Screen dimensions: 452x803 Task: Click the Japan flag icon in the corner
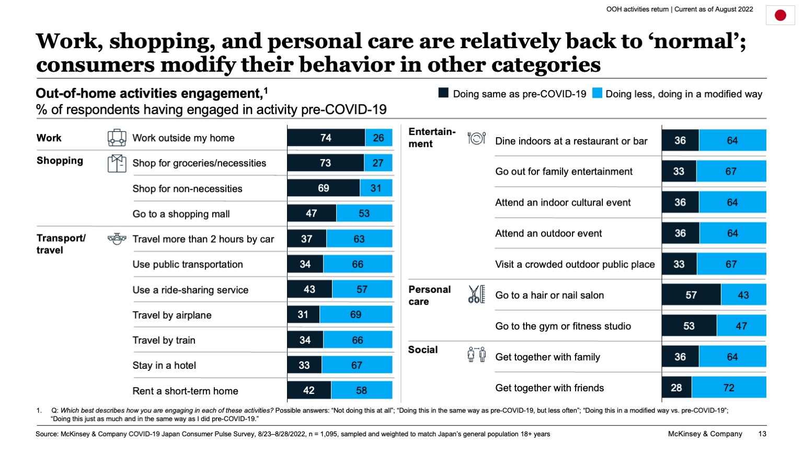pos(780,15)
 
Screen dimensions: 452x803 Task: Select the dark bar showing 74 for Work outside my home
pos(326,138)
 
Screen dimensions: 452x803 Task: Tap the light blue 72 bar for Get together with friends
pos(729,388)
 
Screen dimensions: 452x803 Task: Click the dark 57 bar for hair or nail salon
pos(691,295)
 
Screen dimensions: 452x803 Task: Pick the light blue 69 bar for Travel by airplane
pos(355,314)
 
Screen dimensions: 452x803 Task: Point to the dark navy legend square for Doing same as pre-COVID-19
pos(443,93)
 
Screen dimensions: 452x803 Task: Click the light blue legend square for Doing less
pos(596,93)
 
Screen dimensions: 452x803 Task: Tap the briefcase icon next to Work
pos(117,138)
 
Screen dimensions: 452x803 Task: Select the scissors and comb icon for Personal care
pos(476,295)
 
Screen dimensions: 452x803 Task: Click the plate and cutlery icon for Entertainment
pos(476,138)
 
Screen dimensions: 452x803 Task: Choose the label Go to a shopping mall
pos(181,214)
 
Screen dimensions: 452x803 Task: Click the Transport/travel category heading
pos(61,244)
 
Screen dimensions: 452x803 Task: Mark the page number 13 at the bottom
pos(762,434)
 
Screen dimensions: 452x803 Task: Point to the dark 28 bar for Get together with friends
pos(676,388)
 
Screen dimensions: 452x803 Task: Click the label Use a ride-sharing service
pos(190,290)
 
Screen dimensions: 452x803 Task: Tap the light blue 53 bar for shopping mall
pos(364,213)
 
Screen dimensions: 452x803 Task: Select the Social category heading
pos(423,349)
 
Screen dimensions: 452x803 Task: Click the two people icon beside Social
pos(476,355)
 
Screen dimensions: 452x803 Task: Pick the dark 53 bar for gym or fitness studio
pos(689,326)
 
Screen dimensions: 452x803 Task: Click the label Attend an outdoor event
pos(548,233)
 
